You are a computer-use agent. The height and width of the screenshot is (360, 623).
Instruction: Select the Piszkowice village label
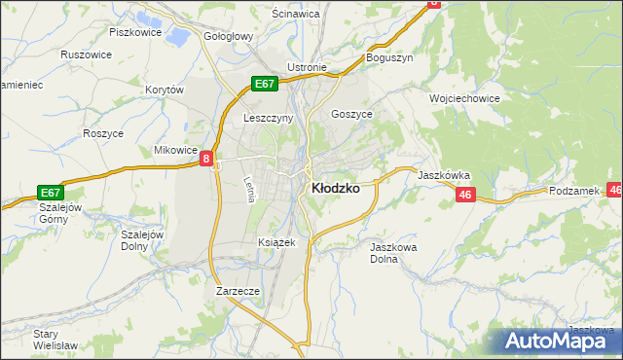[x=133, y=31]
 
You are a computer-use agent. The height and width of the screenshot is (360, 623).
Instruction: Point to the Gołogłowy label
[x=228, y=36]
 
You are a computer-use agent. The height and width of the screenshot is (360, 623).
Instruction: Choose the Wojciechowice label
[x=463, y=98]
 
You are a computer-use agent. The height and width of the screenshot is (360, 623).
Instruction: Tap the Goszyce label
[x=351, y=113]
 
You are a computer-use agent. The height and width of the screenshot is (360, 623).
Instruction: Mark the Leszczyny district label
[x=266, y=119]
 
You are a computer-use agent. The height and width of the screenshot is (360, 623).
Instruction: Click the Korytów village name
[x=164, y=90]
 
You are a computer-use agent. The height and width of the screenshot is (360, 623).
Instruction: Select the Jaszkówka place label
[x=445, y=176]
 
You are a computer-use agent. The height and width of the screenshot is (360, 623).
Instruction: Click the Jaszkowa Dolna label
[x=393, y=254]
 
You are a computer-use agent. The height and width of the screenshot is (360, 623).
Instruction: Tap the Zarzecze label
[x=237, y=291]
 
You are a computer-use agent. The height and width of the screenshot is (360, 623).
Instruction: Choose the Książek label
[x=274, y=241]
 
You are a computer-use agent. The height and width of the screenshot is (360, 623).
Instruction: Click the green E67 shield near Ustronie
[x=265, y=84]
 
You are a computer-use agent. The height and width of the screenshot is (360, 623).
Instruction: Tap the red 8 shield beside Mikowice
[x=207, y=158]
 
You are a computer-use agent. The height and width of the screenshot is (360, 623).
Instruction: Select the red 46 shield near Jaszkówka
[x=464, y=196]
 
